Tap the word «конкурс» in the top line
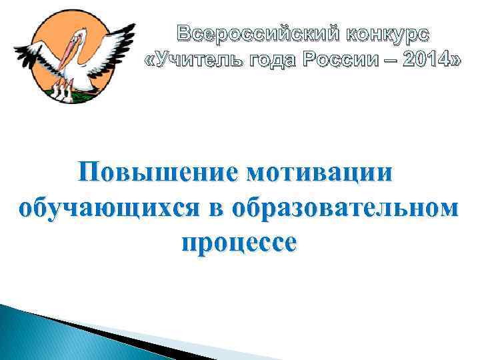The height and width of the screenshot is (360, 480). (x=388, y=33)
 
